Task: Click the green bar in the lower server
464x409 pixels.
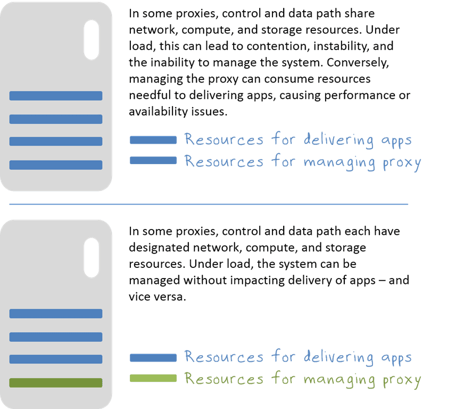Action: coord(56,382)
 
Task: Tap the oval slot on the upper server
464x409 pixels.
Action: coord(92,39)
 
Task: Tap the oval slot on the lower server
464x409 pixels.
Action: coord(92,258)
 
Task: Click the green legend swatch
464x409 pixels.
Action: coord(153,378)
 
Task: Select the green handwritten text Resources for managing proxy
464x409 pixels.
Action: coord(302,380)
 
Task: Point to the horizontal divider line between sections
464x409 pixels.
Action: coord(209,204)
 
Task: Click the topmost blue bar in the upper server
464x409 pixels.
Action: coord(56,96)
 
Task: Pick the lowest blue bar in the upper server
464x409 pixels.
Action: coord(56,165)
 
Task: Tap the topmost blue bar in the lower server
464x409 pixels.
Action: coord(56,314)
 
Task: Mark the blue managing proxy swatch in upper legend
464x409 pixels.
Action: coord(153,160)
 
